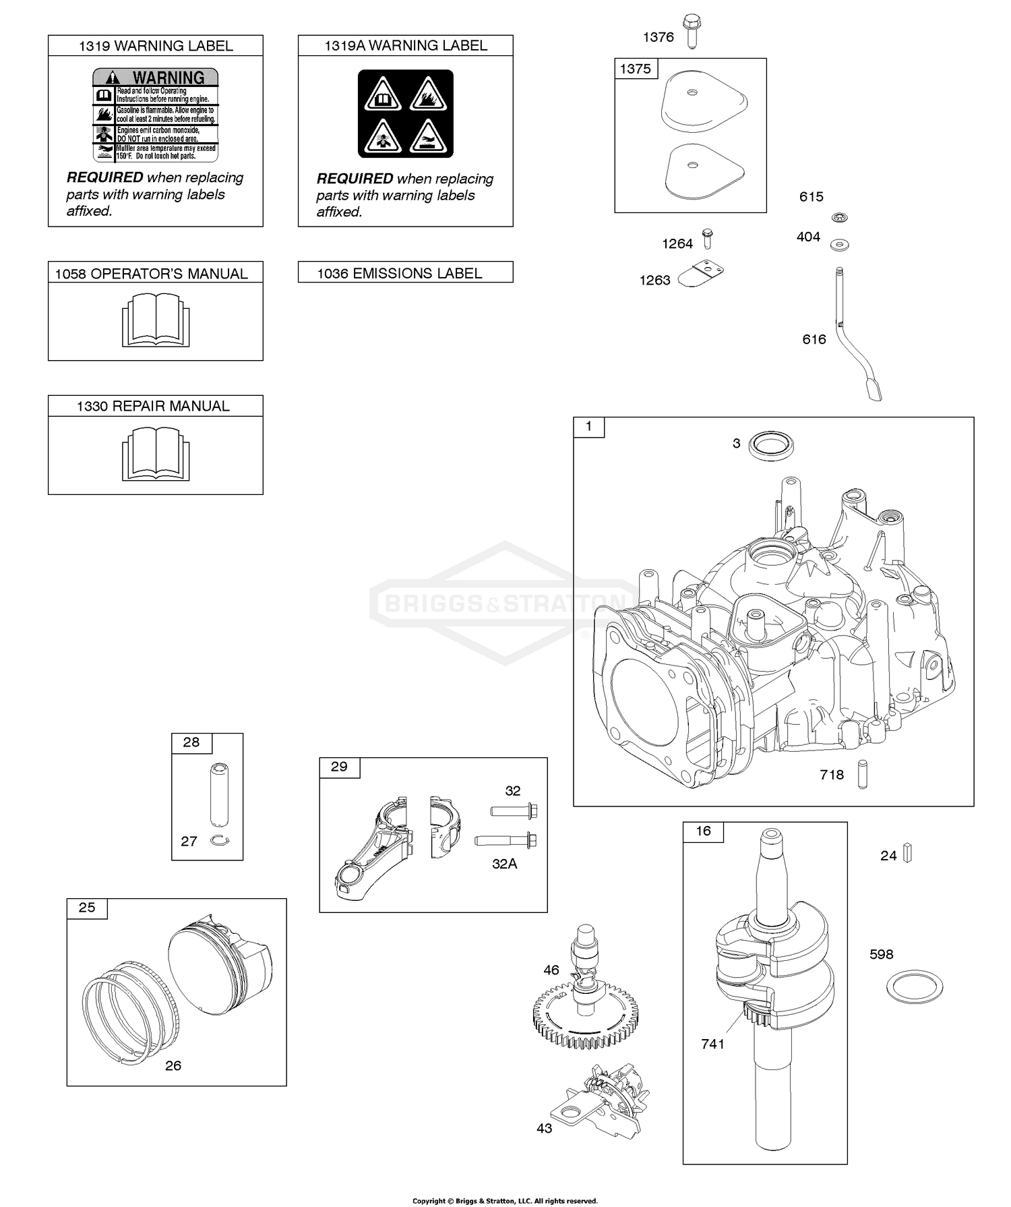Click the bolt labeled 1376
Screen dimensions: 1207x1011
pos(691,32)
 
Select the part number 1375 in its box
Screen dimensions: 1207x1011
pos(636,69)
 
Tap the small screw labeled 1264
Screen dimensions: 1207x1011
pos(707,239)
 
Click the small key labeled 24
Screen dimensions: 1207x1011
pos(907,854)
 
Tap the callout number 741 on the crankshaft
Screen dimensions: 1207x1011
pos(712,1044)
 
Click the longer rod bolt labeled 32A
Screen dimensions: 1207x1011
pos(506,841)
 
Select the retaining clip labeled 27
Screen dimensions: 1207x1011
pos(219,840)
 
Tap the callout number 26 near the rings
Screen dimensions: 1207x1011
pos(173,1065)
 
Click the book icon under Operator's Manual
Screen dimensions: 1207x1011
pos(156,320)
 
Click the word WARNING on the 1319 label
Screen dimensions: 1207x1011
pos(168,78)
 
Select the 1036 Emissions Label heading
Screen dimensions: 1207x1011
pos(400,273)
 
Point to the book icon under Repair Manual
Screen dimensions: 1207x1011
pos(156,453)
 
